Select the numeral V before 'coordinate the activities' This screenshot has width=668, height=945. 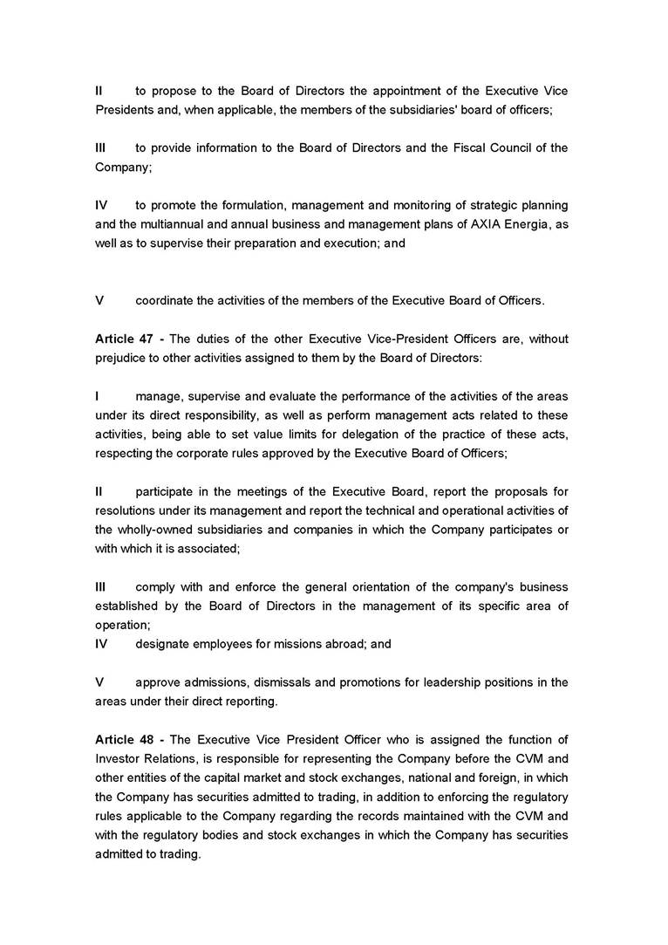pos(99,300)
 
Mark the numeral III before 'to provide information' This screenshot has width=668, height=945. pos(100,147)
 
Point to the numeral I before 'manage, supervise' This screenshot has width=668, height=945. pos(97,396)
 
